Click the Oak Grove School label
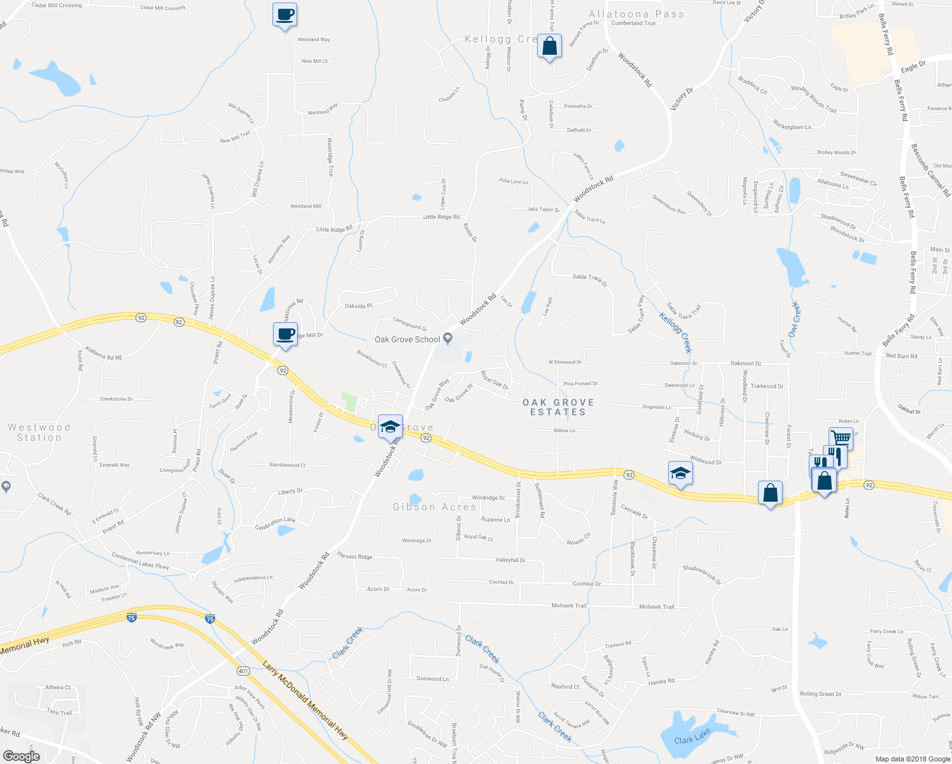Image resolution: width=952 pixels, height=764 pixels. (407, 339)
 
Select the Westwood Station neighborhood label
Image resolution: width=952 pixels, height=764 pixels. (39, 432)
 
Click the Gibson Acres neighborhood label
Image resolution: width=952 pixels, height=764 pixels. (435, 507)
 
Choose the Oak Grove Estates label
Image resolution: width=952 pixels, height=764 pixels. (558, 407)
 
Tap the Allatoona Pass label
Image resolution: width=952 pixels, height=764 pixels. (636, 14)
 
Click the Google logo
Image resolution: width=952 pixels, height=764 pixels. (21, 756)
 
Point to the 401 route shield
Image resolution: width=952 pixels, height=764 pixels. (243, 671)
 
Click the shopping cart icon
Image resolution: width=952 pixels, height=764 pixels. (841, 437)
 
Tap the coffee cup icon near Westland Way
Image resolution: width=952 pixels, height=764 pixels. (284, 14)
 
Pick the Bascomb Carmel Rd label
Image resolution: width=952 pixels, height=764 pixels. (930, 170)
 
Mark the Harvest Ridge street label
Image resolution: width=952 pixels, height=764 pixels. (354, 556)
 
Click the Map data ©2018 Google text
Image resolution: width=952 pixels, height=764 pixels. (911, 759)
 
